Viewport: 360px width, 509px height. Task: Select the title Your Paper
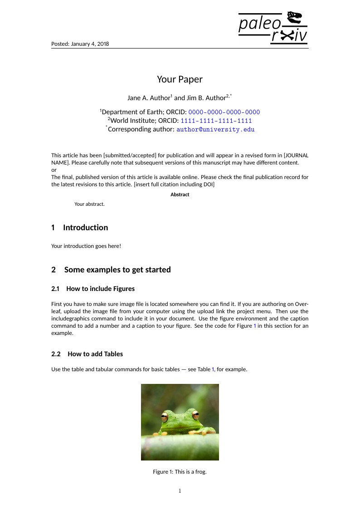180,79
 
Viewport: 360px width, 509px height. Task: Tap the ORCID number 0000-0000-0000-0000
224,112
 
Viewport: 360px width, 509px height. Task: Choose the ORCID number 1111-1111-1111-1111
216,121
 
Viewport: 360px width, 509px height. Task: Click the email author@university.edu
215,130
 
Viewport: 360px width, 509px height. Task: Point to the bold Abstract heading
180,194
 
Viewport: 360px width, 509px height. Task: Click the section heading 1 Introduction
80,228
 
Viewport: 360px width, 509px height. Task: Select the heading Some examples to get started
117,270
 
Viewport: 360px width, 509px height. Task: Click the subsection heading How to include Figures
100,289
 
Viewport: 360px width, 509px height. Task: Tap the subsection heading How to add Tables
95,354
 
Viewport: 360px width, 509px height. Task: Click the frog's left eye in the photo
165,416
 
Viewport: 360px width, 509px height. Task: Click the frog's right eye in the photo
195,414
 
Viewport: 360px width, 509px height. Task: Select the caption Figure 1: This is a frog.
180,472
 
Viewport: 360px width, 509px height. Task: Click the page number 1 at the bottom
180,491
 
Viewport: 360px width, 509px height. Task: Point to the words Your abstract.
89,204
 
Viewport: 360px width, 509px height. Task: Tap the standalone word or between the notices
54,170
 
